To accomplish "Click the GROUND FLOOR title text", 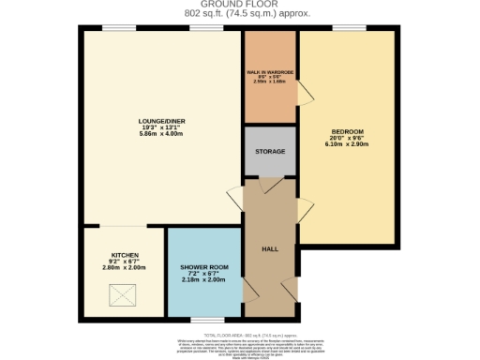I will click(239, 6).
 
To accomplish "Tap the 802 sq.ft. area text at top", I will click(239, 15).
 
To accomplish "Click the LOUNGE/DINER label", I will click(155, 120).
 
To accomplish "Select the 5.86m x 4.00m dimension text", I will click(155, 134).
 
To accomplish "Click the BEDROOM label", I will click(347, 130).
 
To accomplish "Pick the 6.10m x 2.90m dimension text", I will click(347, 144).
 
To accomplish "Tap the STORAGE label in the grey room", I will click(269, 151).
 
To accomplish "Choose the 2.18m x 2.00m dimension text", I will click(202, 280).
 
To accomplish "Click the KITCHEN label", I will click(125, 254).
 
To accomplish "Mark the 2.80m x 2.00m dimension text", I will click(125, 267).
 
